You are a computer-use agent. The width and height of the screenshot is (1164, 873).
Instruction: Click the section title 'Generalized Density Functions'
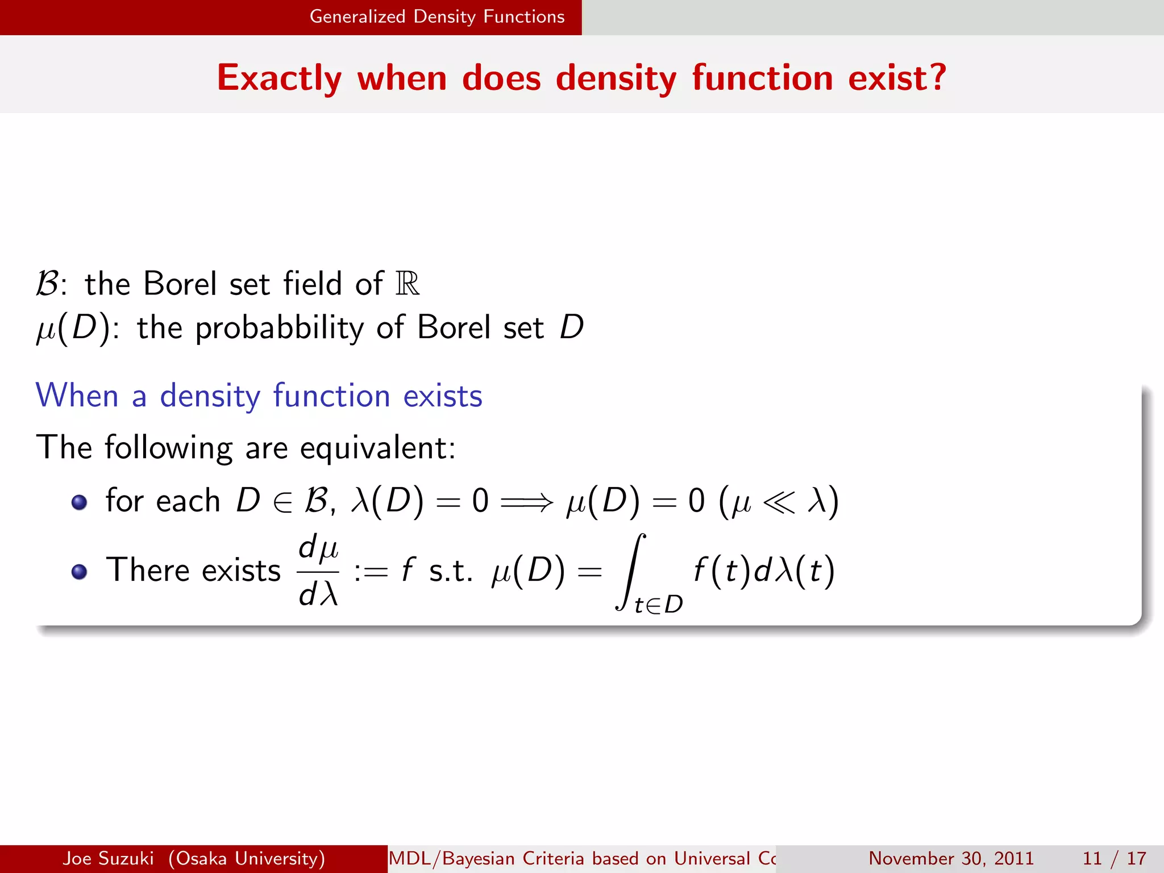436,17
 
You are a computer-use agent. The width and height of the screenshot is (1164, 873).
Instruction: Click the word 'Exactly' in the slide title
279,78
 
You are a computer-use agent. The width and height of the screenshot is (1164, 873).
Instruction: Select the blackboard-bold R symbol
408,284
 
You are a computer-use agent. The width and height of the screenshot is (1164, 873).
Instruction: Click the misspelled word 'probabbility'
279,329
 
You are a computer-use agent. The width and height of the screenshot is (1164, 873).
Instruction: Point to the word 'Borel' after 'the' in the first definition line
180,284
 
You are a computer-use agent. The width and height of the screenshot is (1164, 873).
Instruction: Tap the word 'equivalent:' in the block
377,448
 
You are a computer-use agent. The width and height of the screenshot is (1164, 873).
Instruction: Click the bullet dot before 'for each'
80,502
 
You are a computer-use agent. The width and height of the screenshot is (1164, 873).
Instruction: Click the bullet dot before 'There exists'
80,571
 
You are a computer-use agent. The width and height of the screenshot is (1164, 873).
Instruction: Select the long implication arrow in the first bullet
526,502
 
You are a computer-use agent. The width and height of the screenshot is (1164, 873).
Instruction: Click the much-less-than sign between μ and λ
779,502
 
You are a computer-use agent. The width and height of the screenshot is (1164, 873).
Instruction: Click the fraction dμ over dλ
318,571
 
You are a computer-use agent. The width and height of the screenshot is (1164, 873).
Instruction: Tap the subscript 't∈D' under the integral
658,605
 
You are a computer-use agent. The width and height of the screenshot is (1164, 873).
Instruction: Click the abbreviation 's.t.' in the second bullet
450,571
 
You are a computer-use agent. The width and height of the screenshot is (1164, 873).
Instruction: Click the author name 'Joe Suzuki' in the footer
108,858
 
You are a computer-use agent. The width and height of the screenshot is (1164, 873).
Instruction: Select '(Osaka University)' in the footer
247,858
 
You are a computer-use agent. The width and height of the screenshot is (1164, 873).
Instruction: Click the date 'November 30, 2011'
951,858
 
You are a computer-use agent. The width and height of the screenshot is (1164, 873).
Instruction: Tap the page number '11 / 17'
1114,858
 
